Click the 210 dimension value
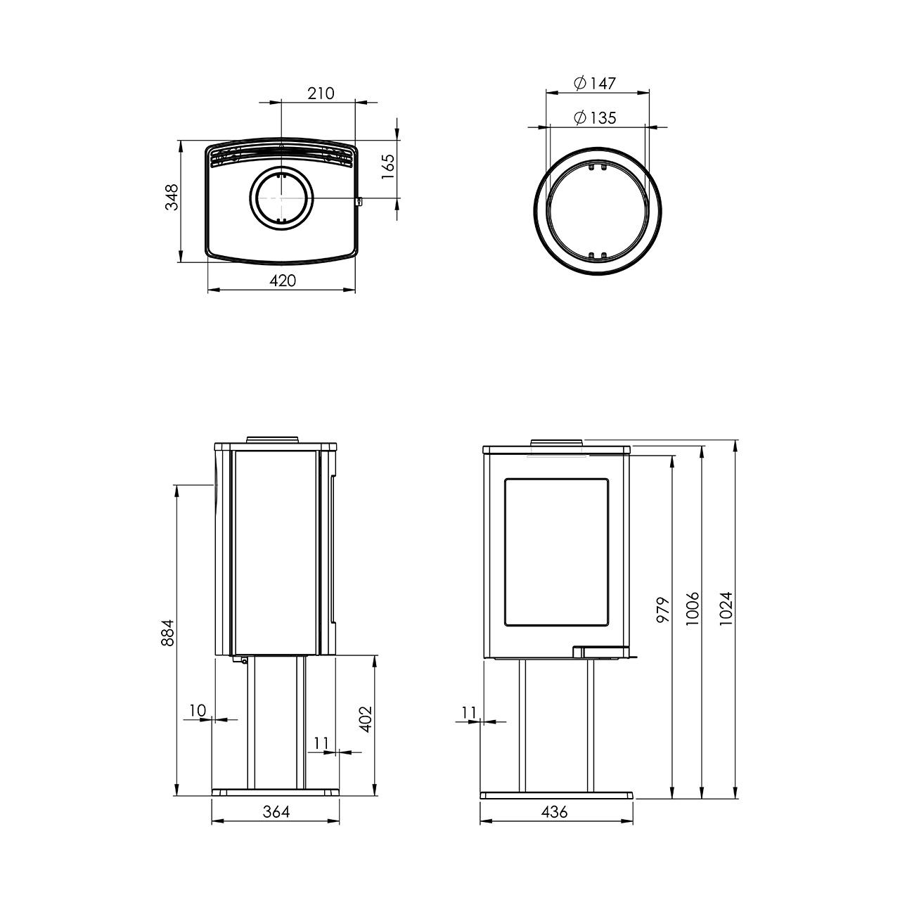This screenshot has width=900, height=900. (321, 94)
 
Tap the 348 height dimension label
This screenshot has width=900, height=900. (172, 197)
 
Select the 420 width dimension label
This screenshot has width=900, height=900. (283, 281)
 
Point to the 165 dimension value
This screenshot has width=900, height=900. (388, 166)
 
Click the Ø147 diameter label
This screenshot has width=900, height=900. (596, 84)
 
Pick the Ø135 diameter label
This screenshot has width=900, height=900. (596, 117)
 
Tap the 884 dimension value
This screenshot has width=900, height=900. (167, 633)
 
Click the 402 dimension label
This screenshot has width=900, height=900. (366, 719)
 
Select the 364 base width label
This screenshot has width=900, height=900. (276, 812)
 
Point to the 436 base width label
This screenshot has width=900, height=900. (554, 812)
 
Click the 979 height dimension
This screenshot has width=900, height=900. (663, 610)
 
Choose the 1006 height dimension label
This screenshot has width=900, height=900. (693, 609)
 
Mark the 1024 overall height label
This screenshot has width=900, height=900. (726, 609)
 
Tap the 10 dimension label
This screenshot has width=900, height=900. (198, 710)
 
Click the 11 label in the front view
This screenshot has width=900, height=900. (470, 713)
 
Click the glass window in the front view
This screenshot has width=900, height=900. (555, 552)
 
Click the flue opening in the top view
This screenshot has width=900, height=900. (281, 198)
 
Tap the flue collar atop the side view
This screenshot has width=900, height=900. (273, 439)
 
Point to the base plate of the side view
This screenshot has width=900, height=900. (276, 792)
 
